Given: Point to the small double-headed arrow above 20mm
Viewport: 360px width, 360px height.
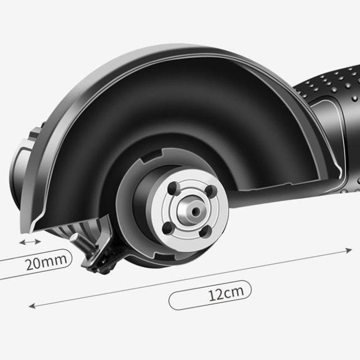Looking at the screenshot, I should click(x=30, y=242).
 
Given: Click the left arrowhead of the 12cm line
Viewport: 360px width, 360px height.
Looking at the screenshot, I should click(x=31, y=306).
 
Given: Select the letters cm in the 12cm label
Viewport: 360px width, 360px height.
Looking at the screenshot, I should click(x=234, y=293).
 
